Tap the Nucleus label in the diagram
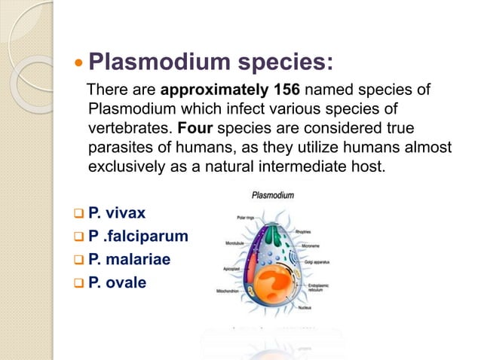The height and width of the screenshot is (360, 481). (x=326, y=308)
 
